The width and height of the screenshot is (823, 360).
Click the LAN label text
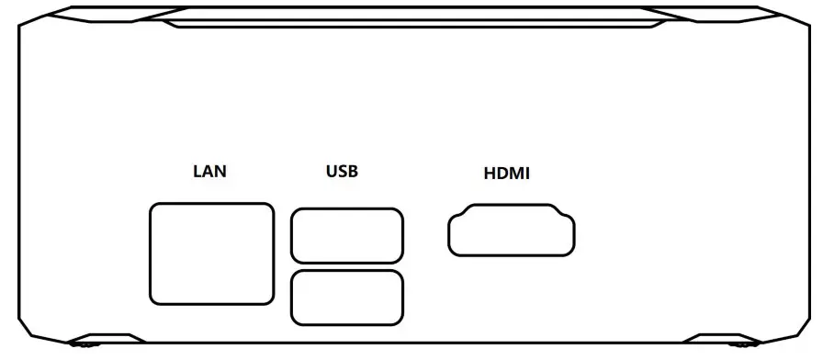tap(209, 171)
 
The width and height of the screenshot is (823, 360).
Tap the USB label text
tap(342, 171)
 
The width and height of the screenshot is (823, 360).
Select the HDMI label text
tap(506, 173)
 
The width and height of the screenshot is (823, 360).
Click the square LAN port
tap(211, 254)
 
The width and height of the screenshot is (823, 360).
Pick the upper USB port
tap(346, 236)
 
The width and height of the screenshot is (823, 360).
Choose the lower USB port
tap(346, 297)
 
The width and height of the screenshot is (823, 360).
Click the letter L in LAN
tap(197, 171)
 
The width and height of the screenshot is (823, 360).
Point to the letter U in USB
tap(331, 171)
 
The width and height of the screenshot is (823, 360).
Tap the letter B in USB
tap(354, 171)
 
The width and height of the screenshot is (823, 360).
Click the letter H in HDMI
tap(489, 173)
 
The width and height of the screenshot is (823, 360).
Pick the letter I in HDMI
tap(527, 173)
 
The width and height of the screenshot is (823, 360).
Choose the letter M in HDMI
tap(517, 173)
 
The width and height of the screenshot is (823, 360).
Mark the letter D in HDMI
tap(502, 173)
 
